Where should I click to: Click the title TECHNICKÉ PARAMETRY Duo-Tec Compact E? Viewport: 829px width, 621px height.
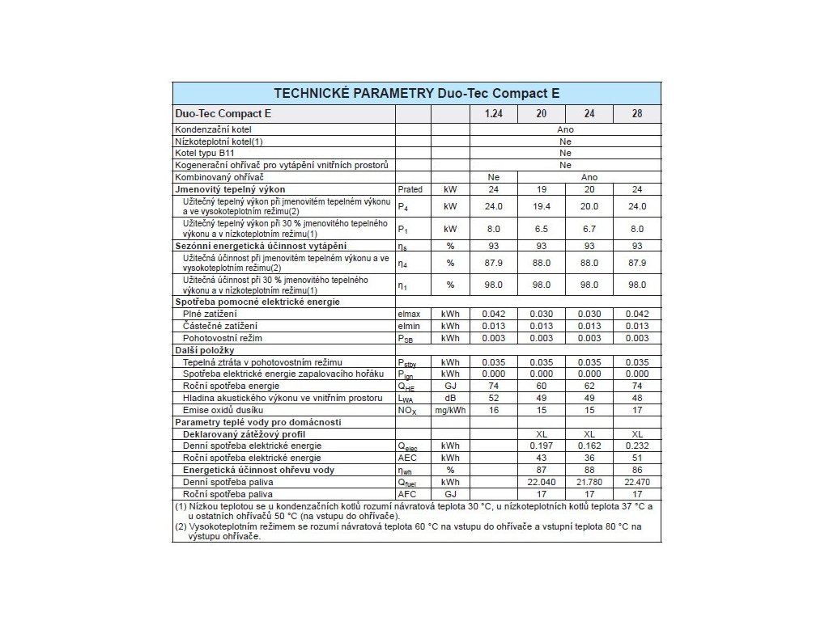click(x=417, y=93)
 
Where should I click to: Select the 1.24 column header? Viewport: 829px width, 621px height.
click(x=493, y=114)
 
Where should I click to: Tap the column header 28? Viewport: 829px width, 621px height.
click(x=637, y=114)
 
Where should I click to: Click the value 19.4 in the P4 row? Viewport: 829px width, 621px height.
click(x=541, y=206)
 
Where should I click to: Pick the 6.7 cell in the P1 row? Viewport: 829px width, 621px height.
click(x=589, y=229)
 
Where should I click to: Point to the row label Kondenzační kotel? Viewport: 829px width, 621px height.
click(x=210, y=129)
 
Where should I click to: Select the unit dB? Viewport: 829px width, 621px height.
click(x=450, y=397)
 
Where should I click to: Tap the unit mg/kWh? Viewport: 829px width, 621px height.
click(x=450, y=411)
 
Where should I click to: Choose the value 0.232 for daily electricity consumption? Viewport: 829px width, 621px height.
click(x=637, y=446)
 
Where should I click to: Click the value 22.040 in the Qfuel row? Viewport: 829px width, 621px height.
click(x=541, y=481)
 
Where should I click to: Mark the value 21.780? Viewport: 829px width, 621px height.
click(x=589, y=481)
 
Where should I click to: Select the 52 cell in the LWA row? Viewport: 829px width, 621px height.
click(x=493, y=397)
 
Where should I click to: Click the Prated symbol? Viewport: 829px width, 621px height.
click(x=411, y=188)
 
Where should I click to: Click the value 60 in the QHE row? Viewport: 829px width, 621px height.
click(x=541, y=386)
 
